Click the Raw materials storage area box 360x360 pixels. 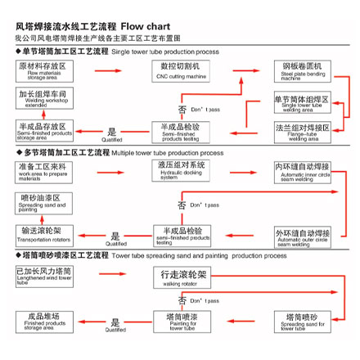click(43, 70)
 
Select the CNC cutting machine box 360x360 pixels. click(180, 70)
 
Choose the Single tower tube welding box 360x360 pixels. click(303, 102)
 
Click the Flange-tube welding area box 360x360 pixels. click(303, 132)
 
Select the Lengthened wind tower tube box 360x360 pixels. click(43, 274)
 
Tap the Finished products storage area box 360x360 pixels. click(43, 319)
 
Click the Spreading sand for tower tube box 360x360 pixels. click(303, 320)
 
